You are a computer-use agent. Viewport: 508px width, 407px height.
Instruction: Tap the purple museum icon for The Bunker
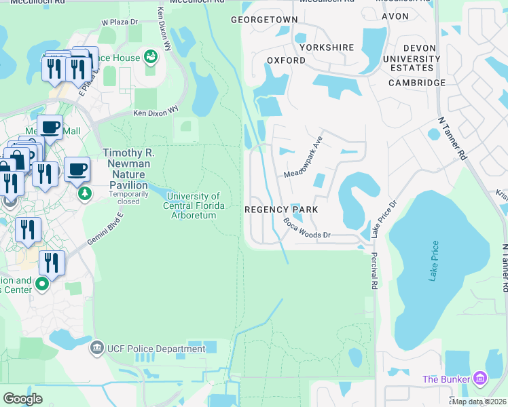[x=479, y=378]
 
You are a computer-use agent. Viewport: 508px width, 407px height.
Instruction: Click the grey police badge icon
[x=97, y=349]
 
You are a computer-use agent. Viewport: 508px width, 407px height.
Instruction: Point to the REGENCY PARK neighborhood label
[x=281, y=210]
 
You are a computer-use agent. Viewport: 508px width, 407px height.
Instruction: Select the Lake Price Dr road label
[x=383, y=218]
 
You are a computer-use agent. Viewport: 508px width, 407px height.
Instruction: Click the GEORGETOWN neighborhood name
[x=264, y=20]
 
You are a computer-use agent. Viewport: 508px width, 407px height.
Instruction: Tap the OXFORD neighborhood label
[x=286, y=60]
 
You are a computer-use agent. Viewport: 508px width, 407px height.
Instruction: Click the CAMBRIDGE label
[x=417, y=83]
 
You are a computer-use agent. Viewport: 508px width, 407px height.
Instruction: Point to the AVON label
[x=395, y=16]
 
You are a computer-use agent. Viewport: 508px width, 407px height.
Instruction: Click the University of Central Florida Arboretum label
[x=192, y=206]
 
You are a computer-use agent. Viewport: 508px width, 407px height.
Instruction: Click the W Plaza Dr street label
[x=119, y=22]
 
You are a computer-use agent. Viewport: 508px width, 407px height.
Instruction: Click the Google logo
[x=23, y=398]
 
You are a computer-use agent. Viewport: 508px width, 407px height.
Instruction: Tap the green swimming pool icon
[x=150, y=56]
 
